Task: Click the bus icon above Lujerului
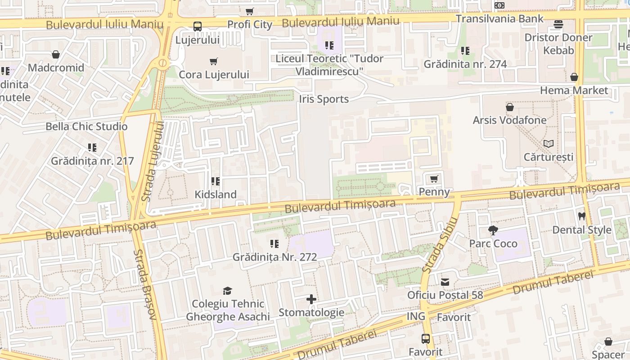tap(197, 27)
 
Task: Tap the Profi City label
tap(250, 24)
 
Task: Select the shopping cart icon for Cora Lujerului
tap(214, 62)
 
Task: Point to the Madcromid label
tap(56, 68)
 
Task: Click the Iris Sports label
tap(324, 99)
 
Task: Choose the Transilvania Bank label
tap(499, 19)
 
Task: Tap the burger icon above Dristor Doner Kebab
tap(558, 24)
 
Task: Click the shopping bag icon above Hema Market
tap(574, 77)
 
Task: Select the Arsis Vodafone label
tap(509, 120)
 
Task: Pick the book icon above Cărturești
tap(548, 144)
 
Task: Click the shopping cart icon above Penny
tap(434, 180)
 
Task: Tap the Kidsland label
tap(215, 194)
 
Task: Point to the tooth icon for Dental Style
tap(581, 216)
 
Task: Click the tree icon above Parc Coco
tap(493, 231)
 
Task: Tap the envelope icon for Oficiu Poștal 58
tap(445, 282)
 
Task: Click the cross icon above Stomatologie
tap(311, 299)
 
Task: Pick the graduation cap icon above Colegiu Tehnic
tap(227, 291)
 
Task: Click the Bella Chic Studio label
tap(86, 126)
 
